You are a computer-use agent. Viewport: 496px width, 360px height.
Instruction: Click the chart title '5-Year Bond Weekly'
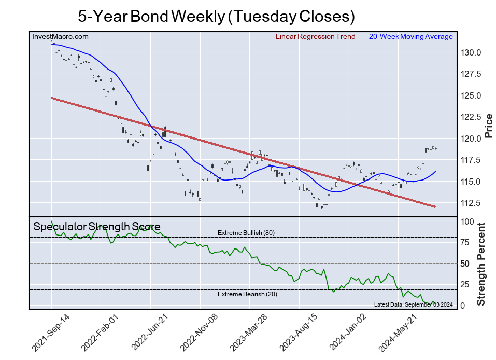216,16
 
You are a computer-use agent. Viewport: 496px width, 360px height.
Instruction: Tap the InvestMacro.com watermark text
60,37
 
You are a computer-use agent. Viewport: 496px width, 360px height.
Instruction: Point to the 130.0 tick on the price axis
472,53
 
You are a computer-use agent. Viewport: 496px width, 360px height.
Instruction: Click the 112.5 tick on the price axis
472,203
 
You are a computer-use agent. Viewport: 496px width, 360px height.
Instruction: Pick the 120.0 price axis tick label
472,139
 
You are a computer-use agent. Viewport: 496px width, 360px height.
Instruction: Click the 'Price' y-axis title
488,126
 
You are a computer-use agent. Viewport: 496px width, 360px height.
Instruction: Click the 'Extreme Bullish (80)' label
246,233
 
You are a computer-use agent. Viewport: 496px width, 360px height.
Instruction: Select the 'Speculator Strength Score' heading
97,227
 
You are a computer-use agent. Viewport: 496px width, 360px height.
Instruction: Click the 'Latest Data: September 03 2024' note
413,304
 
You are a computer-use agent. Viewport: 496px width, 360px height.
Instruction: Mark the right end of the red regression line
435,206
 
